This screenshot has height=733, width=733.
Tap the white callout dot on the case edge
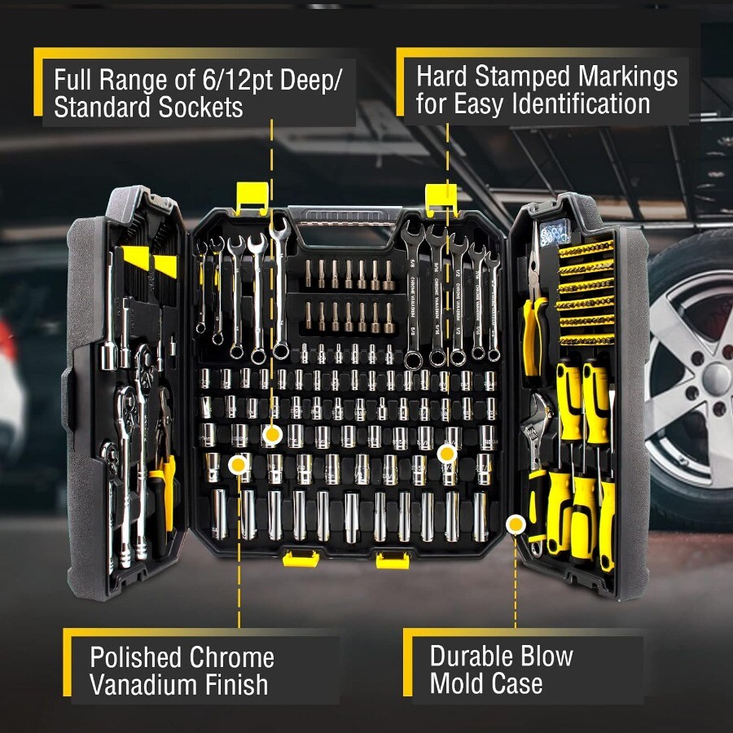(515, 525)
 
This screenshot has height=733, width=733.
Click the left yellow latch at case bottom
(299, 557)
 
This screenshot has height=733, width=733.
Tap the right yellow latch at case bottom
(392, 559)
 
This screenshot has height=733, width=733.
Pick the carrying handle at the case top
(345, 218)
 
